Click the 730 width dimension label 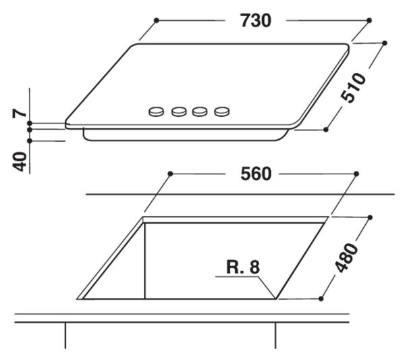[256, 21]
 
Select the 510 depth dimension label [353, 88]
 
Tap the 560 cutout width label [256, 174]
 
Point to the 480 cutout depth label [346, 258]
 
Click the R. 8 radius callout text [243, 267]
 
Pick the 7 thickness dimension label [20, 113]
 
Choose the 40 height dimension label [20, 162]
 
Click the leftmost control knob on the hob [157, 111]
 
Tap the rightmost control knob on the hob [222, 111]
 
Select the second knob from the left [179, 111]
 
